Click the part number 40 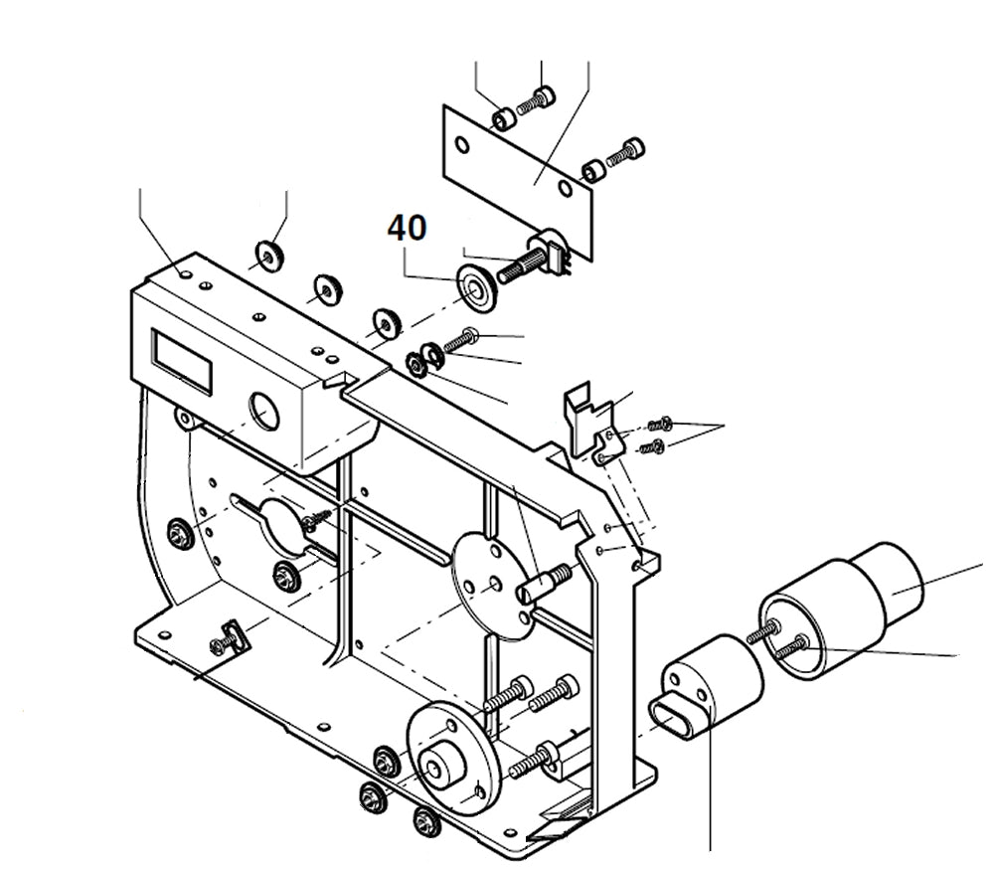(x=407, y=229)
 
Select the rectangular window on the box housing (x=182, y=358)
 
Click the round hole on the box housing (x=266, y=409)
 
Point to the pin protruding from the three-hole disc (x=541, y=585)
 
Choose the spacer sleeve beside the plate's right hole (x=594, y=171)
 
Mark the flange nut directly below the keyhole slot (x=284, y=573)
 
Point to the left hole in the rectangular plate (x=460, y=145)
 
